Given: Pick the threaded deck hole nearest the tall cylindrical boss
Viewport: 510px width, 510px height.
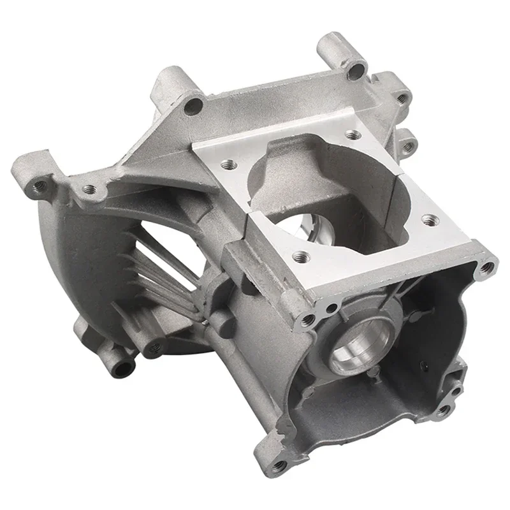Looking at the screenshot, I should click(351, 135).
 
